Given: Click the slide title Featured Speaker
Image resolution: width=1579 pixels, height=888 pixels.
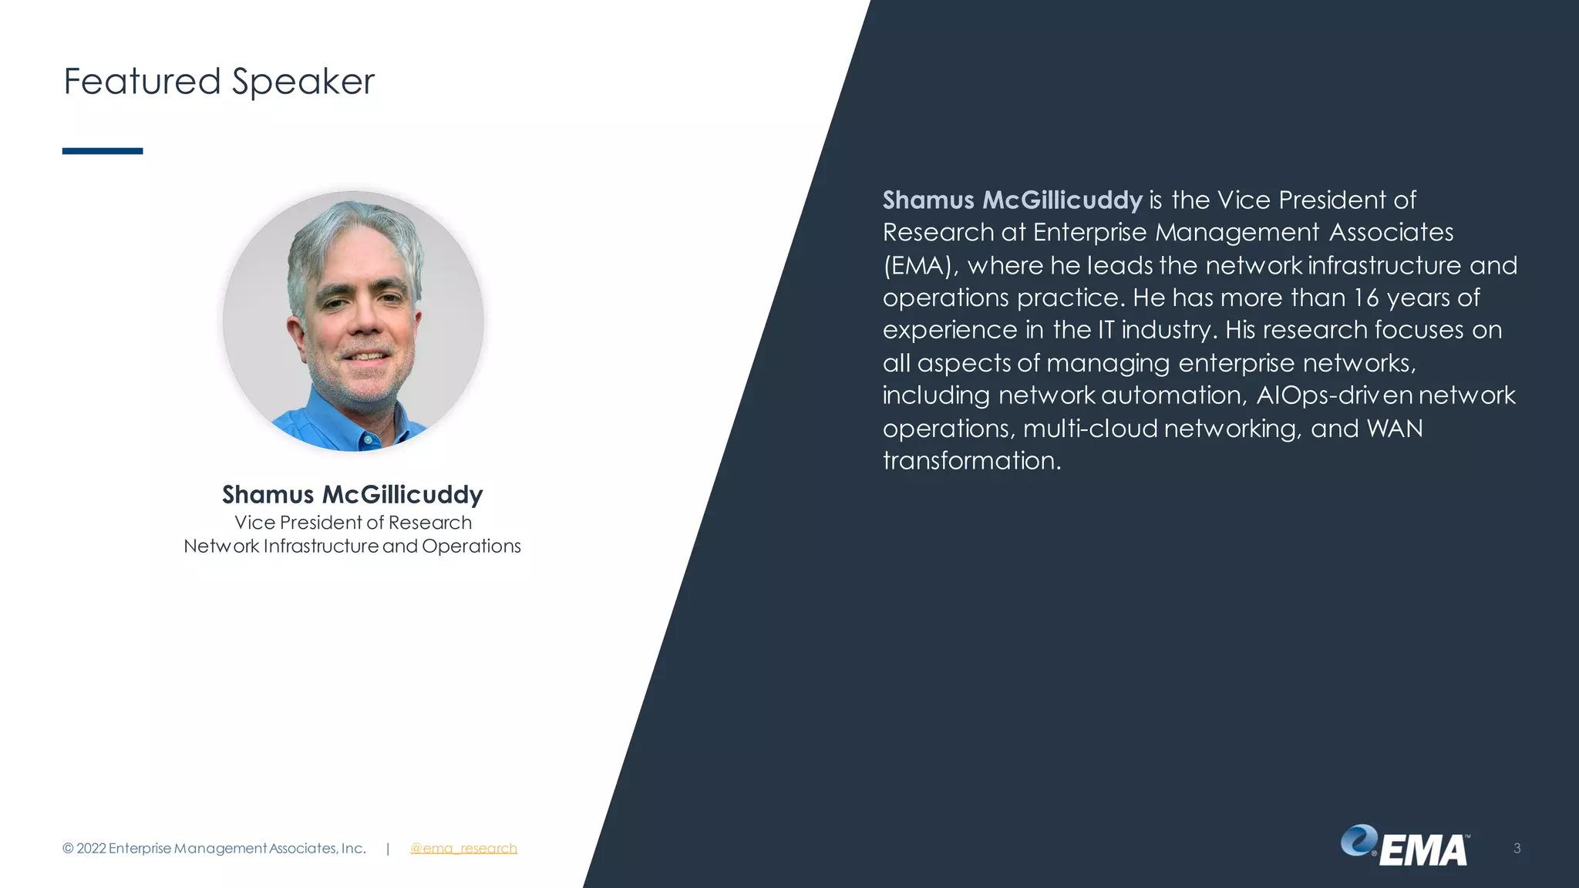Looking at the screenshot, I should point(218,82).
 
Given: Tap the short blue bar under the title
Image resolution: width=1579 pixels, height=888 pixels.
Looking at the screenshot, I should point(103,151).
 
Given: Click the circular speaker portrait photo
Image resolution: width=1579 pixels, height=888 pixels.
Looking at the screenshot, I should point(353,321).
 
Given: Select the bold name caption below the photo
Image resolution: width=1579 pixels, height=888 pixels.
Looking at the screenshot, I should point(352,494).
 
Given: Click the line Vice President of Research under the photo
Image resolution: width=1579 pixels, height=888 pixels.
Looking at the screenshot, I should point(352,523).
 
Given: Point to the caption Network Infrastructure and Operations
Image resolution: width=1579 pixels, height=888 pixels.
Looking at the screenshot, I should point(352,547).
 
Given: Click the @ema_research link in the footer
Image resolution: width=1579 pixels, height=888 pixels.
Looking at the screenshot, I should point(463,849).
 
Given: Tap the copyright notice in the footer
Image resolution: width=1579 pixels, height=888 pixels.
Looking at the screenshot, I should point(214,849).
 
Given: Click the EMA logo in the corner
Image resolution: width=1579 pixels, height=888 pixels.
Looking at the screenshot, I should point(1405,846).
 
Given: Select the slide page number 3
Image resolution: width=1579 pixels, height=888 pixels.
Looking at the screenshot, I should point(1517,849).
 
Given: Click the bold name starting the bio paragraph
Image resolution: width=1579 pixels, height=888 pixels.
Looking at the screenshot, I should point(1012,200).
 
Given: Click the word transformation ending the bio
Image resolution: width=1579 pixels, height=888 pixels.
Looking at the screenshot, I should point(971,461).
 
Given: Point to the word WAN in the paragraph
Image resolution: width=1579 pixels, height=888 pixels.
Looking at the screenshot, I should point(1394,429).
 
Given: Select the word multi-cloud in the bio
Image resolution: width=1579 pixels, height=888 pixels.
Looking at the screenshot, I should point(1090,429).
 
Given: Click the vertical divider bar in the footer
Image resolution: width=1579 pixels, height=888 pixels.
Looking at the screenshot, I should point(388,849).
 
